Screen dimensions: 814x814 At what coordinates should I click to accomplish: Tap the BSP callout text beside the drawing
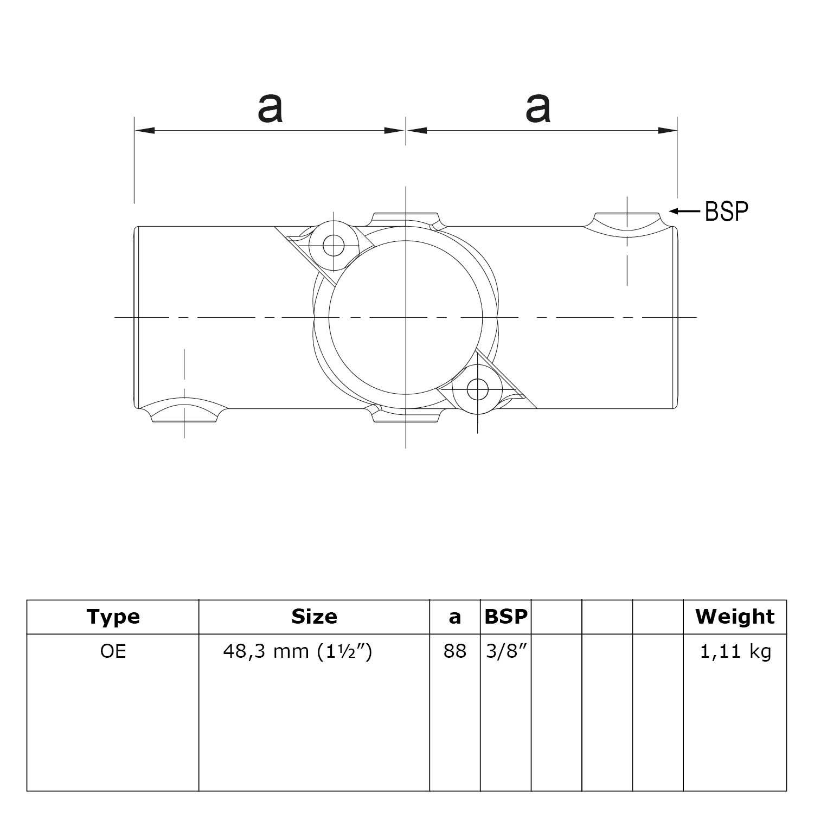(726, 211)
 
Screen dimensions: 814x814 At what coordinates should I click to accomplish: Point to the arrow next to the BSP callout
(685, 211)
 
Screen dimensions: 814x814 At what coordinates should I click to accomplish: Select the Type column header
(113, 617)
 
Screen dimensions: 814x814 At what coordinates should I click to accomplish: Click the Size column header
(314, 617)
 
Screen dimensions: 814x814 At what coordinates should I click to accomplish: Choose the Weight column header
(735, 617)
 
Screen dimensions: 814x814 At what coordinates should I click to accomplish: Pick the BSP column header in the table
(505, 617)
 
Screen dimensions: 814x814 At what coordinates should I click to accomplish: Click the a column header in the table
(454, 617)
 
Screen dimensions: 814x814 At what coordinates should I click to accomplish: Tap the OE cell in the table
(113, 651)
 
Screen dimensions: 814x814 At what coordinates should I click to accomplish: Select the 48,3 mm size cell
(297, 651)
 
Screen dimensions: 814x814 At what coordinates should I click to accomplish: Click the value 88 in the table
(454, 651)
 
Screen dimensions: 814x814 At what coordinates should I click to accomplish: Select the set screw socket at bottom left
(184, 413)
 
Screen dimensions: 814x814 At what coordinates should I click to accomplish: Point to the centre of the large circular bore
(406, 317)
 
